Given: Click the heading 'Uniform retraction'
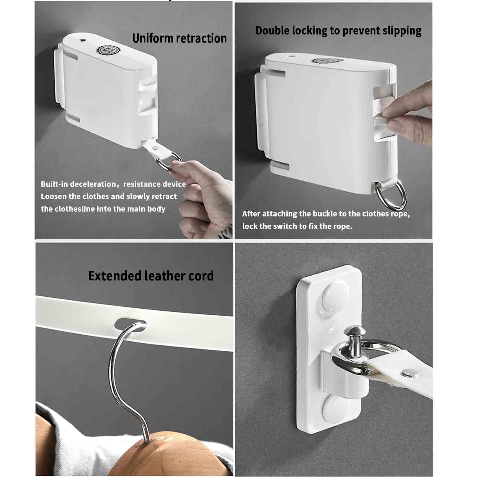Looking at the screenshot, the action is coord(179,39).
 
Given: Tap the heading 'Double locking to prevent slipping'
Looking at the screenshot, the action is coord(338,31).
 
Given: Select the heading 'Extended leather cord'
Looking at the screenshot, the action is coord(151,276).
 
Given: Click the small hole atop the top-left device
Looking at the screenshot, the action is coord(82,39).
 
